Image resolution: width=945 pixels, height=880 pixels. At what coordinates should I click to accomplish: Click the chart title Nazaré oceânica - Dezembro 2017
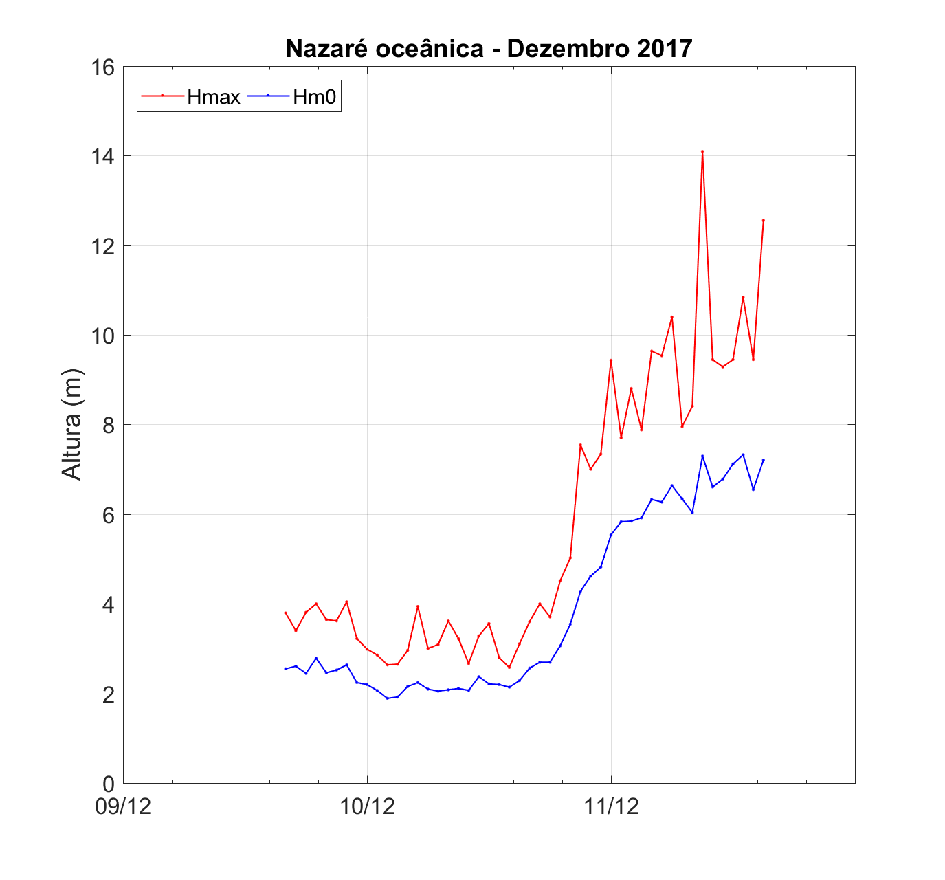tap(489, 49)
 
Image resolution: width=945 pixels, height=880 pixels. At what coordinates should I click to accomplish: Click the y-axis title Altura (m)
tap(71, 424)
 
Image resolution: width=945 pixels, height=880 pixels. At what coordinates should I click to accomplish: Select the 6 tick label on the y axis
tap(108, 514)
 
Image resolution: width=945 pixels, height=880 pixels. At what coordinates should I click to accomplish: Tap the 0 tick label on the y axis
tap(108, 783)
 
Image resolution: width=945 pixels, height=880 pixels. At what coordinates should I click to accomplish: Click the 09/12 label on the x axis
tap(124, 806)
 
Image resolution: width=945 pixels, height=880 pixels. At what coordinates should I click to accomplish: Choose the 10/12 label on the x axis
tap(367, 806)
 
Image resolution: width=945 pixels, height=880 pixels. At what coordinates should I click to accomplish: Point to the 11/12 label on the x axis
tap(611, 806)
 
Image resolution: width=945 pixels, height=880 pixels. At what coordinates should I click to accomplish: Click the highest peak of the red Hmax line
tap(702, 151)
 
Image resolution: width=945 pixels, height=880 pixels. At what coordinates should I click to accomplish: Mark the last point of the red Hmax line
tap(764, 221)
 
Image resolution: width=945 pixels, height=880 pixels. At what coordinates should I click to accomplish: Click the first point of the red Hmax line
tap(285, 613)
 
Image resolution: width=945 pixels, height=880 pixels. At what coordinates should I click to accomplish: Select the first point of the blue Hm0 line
tap(285, 669)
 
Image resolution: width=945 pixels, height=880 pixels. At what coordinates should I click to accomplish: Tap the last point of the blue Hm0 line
tap(764, 460)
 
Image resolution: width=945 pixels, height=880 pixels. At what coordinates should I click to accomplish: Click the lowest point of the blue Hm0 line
tap(388, 698)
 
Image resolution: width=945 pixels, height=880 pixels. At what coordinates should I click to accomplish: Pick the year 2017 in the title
tap(664, 49)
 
